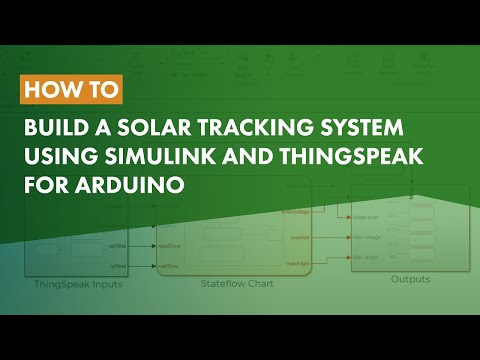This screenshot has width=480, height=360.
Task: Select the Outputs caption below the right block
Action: click(x=410, y=279)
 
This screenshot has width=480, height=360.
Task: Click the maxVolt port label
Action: click(x=296, y=238)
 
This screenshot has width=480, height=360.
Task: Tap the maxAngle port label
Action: click(x=297, y=263)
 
